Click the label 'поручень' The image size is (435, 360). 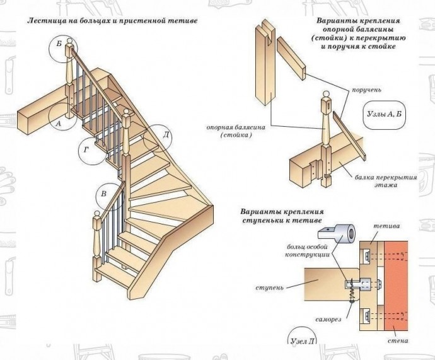click(x=366, y=90)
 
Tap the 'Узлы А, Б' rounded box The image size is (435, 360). click(x=384, y=115)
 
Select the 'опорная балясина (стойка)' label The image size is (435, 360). click(x=236, y=131)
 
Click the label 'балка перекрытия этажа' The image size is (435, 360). click(x=386, y=181)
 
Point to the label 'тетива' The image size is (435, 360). click(x=386, y=226)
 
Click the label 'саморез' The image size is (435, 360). click(x=328, y=319)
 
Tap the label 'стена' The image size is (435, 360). click(x=398, y=340)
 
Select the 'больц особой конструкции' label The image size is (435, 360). click(x=308, y=250)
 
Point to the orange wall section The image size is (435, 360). click(x=396, y=286)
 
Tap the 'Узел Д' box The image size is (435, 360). click(x=302, y=337)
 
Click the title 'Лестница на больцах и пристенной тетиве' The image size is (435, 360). click(x=112, y=21)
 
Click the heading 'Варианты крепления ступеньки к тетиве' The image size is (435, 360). click(x=282, y=216)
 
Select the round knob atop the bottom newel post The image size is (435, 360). click(x=97, y=214)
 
